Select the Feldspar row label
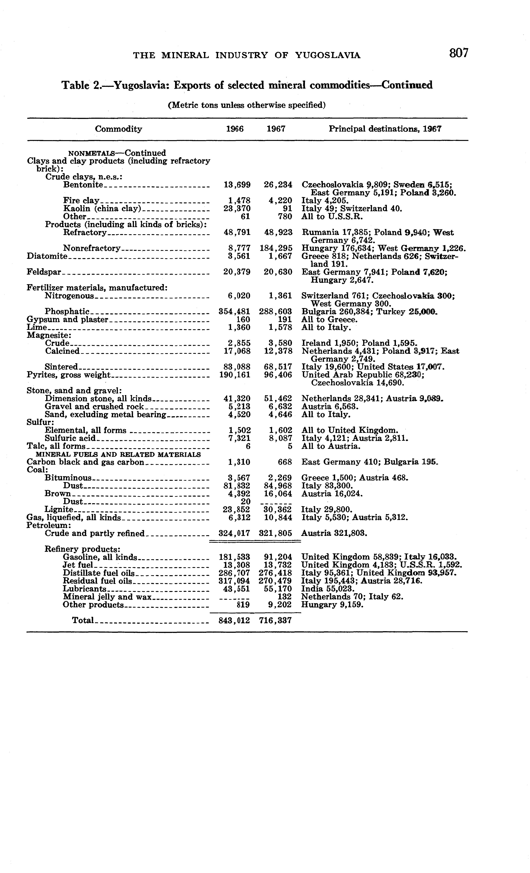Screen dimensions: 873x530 (44, 272)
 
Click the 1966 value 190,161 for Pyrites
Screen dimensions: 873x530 (235, 375)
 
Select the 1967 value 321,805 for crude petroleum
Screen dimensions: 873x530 (276, 533)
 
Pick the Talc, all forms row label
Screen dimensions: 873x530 (56, 446)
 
